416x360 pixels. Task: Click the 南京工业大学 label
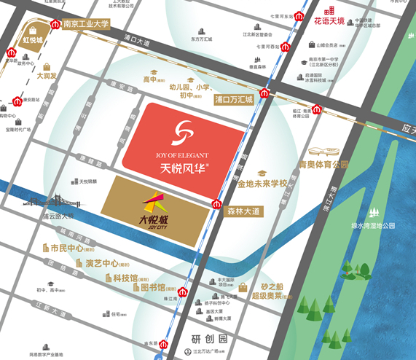pyautogui.click(x=85, y=23)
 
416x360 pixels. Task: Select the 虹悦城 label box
pyautogui.click(x=33, y=39)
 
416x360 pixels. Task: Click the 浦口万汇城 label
pyautogui.click(x=233, y=99)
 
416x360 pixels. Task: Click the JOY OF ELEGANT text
pyautogui.click(x=183, y=154)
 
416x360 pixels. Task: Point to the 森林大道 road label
pyautogui.click(x=243, y=211)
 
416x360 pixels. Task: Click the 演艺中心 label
pyautogui.click(x=101, y=263)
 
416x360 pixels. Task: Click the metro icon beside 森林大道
pyautogui.click(x=216, y=204)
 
